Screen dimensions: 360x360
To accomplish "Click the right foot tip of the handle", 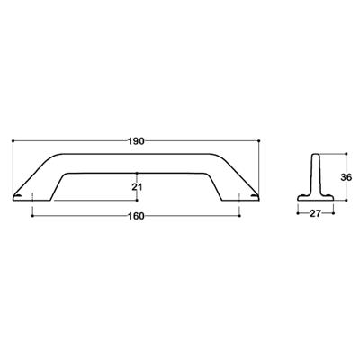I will [256, 196].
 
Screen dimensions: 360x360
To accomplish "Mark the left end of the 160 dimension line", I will [33, 216].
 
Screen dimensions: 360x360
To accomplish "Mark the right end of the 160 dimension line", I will [242, 216].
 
